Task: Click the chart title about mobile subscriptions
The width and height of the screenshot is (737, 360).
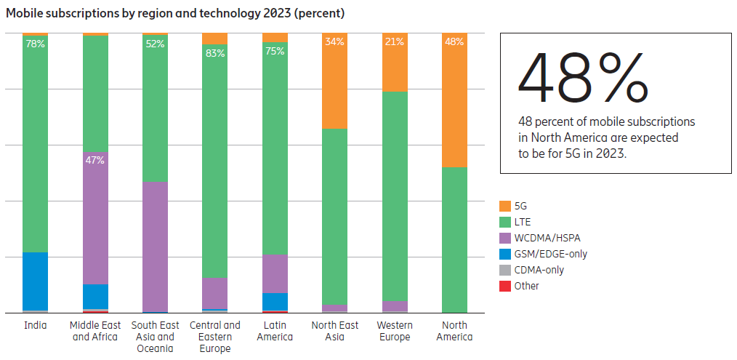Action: pos(175,13)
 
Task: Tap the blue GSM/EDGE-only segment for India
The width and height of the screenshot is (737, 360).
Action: pos(35,281)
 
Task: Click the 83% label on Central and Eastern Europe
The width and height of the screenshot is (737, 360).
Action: pos(215,53)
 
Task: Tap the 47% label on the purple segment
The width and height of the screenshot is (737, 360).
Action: pos(95,160)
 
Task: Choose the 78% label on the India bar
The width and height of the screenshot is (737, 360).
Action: pos(35,44)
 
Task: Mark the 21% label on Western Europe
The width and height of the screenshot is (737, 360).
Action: pos(395,41)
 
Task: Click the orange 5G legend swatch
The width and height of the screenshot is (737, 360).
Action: pos(505,207)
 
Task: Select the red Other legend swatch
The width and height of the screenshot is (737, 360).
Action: pos(505,286)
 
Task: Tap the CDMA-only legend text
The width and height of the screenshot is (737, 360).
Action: pos(539,270)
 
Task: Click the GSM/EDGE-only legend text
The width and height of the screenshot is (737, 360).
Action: pos(550,254)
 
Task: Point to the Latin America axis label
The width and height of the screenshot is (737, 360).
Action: pos(275,331)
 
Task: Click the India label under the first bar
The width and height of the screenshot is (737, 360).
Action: pos(35,325)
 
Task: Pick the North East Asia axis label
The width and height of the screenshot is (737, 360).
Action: pos(334,331)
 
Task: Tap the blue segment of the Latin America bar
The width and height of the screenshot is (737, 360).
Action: pos(275,301)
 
